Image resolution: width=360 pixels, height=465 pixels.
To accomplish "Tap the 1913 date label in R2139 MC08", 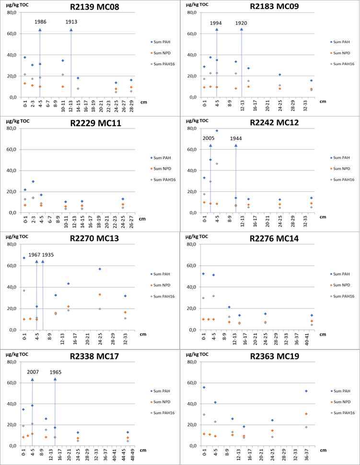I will [72, 22].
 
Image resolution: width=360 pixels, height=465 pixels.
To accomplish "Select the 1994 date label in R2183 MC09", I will [217, 23].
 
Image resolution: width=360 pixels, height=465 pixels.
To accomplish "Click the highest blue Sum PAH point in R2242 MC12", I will [217, 130].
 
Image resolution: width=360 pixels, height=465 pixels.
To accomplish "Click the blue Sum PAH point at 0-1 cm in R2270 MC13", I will [24, 258].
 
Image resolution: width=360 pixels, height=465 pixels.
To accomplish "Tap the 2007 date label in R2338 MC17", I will [33, 372].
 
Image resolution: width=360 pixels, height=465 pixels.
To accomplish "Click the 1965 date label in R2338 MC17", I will [55, 372].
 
